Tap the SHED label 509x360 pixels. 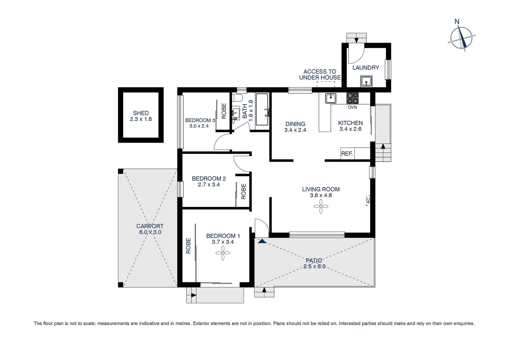141,113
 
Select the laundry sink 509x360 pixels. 366,81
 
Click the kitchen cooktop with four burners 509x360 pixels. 353,98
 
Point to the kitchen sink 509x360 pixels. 330,98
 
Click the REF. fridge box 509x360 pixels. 347,154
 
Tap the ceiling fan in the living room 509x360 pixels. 321,206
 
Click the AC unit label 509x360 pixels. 368,200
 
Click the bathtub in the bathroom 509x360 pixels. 262,109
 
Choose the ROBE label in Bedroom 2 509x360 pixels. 244,191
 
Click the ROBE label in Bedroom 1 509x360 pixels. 188,245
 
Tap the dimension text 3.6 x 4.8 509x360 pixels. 321,195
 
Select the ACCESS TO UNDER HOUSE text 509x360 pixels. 320,74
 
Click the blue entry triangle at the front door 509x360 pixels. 262,241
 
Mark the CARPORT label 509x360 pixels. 150,226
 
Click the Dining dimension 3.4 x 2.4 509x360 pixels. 295,130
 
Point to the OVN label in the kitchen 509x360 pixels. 352,107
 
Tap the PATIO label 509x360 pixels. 314,260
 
